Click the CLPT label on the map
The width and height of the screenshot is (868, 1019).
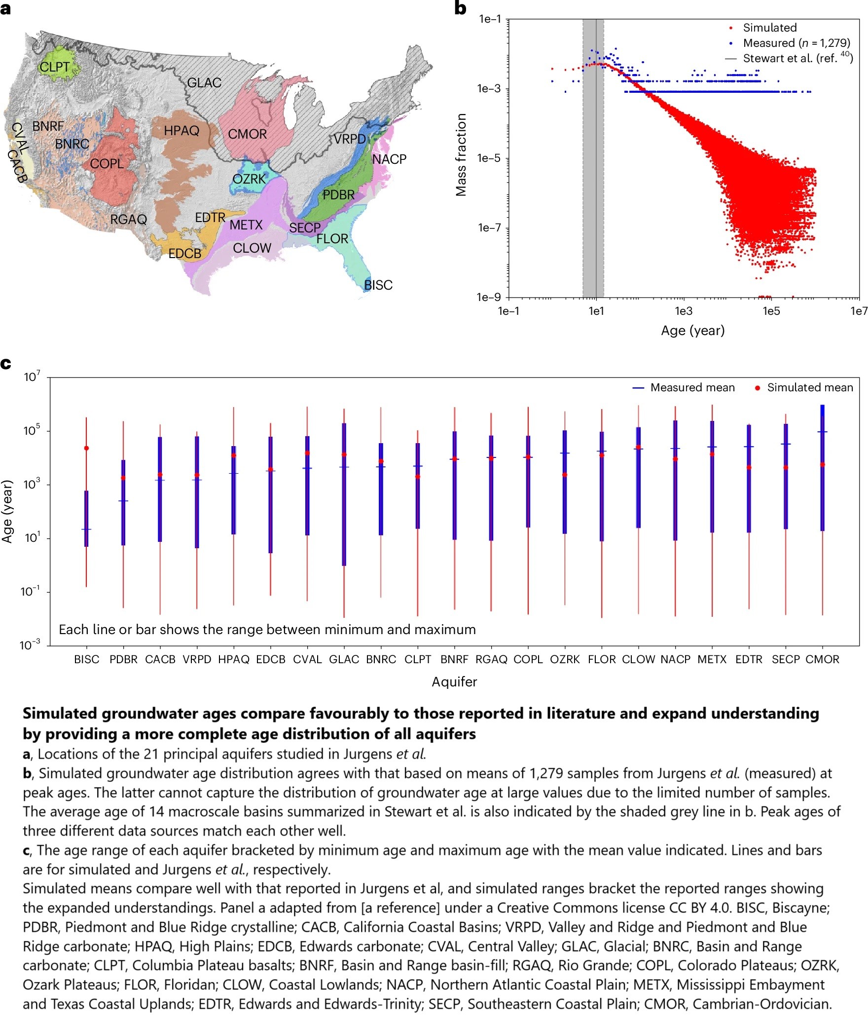click(54, 67)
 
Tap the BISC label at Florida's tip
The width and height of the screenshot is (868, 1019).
click(378, 285)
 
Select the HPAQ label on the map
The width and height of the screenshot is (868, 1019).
click(181, 131)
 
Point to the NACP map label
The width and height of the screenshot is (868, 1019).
click(389, 159)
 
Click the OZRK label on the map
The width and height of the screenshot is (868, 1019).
click(249, 179)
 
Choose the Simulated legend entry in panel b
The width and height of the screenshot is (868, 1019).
click(769, 28)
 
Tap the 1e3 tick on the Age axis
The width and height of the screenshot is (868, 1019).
click(683, 311)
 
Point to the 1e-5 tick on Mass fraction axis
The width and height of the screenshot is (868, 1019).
click(489, 158)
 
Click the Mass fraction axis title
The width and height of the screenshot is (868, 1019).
click(461, 154)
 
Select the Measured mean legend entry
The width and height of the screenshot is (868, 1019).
click(692, 388)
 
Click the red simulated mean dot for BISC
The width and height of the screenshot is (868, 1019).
click(86, 448)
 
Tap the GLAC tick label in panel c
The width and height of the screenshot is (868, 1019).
click(344, 659)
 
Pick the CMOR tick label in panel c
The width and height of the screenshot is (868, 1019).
click(822, 659)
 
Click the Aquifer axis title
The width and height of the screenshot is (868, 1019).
click(454, 681)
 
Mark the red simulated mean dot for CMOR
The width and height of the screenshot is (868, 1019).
click(823, 464)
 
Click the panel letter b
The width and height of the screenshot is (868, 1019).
click(460, 8)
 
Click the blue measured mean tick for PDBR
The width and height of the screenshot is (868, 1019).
click(123, 501)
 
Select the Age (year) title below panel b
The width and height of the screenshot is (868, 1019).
click(692, 331)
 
